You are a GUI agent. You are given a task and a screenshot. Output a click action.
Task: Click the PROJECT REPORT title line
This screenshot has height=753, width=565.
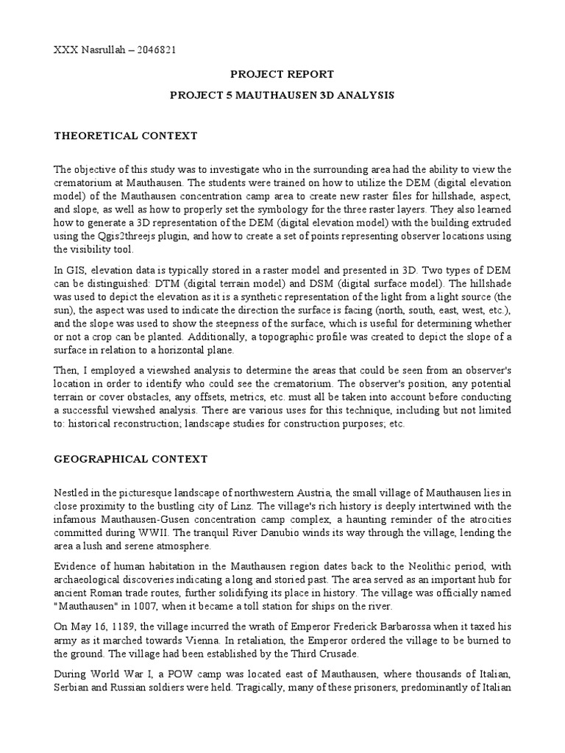[282, 74]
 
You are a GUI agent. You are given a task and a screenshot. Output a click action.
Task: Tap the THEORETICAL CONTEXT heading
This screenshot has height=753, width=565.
[126, 136]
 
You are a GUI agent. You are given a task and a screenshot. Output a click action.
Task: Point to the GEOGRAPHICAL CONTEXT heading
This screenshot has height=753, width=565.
[131, 459]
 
